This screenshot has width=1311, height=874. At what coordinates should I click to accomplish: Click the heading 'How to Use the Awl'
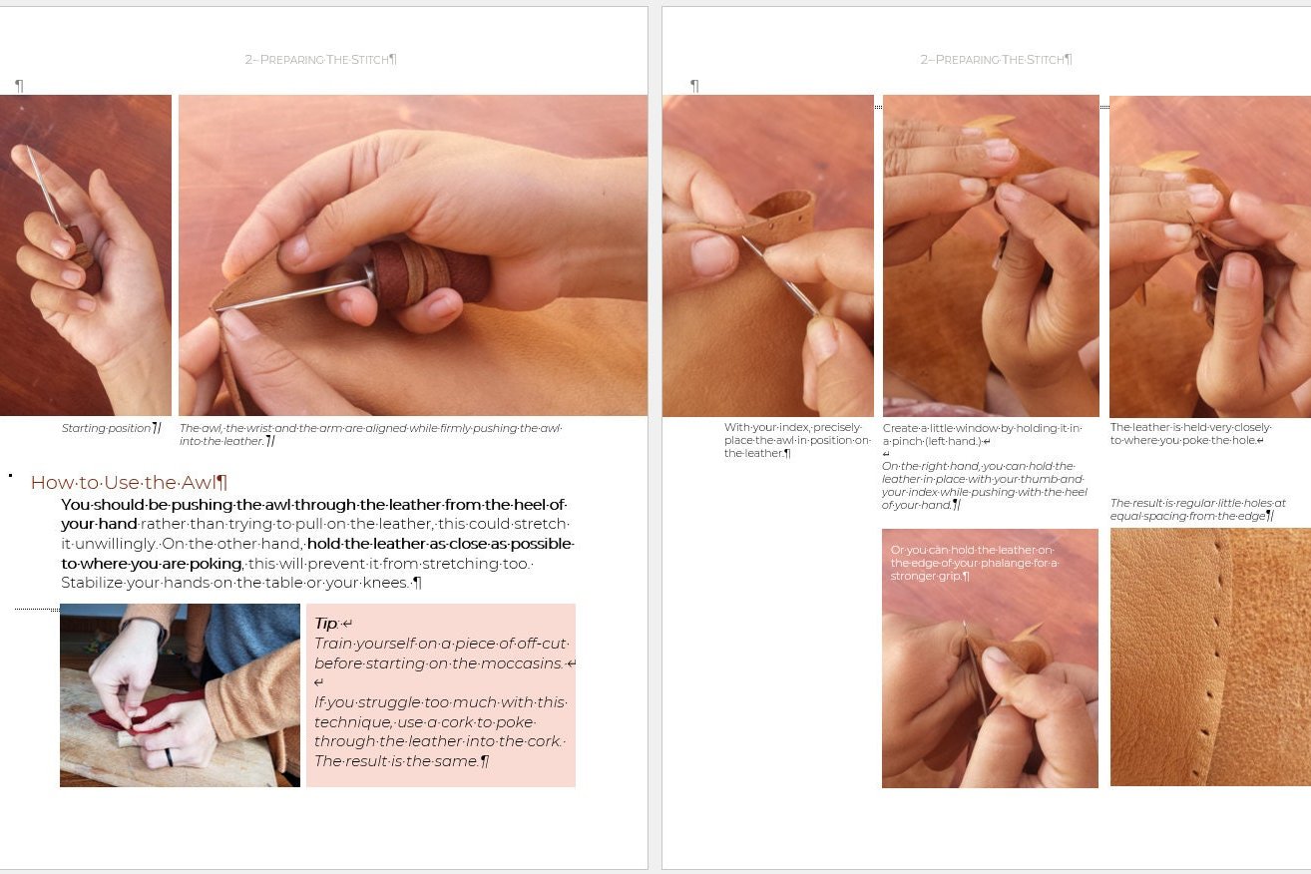tap(128, 482)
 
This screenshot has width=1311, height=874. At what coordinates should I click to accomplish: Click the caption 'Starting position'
tap(110, 428)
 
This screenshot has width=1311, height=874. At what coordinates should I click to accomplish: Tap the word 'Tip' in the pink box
tap(326, 623)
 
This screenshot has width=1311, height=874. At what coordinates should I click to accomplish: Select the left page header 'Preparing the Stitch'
tap(320, 59)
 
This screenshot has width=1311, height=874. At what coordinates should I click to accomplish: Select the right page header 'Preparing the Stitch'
tap(996, 59)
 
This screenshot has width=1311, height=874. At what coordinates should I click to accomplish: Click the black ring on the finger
tap(169, 756)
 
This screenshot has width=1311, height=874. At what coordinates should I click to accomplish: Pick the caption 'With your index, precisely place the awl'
tap(796, 440)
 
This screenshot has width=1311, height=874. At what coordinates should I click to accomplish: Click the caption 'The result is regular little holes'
tap(1197, 509)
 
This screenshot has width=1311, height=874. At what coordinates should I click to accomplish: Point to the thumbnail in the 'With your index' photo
tap(711, 254)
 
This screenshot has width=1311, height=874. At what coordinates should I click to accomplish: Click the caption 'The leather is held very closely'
tap(1190, 434)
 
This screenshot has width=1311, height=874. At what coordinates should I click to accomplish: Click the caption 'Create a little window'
tap(982, 434)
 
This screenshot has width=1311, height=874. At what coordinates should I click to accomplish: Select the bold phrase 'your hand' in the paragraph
tap(99, 524)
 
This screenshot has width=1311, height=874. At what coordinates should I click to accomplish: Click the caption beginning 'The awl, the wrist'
tap(370, 434)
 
